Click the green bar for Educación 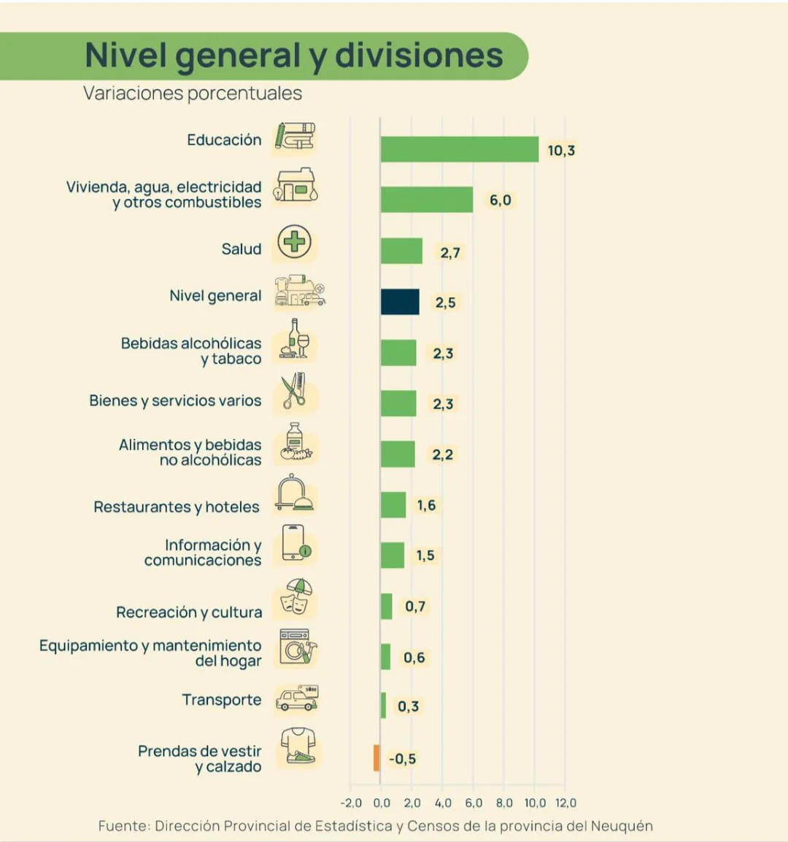click(x=460, y=149)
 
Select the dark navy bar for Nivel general click(x=400, y=302)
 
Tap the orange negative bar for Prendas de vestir click(x=376, y=758)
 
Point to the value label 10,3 click(x=561, y=151)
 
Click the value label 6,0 click(x=501, y=200)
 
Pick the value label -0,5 click(x=402, y=759)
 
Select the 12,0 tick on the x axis click(x=565, y=803)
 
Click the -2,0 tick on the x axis click(x=351, y=803)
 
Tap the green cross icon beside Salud click(x=295, y=241)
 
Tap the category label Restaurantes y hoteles click(x=177, y=507)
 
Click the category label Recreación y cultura click(x=189, y=612)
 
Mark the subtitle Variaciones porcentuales click(x=193, y=93)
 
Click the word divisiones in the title click(x=419, y=56)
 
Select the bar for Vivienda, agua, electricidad click(x=427, y=200)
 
